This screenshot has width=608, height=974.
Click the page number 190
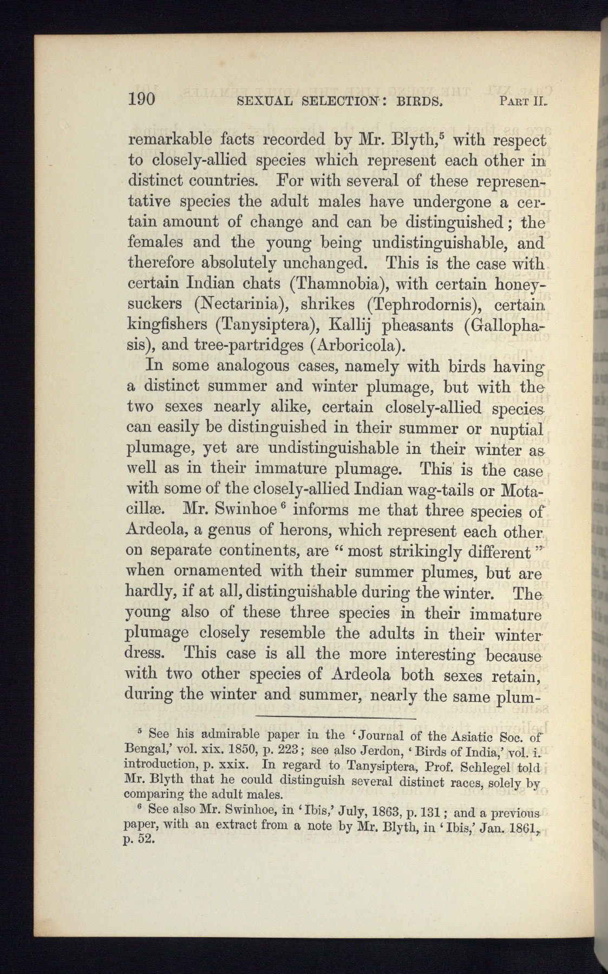(142, 99)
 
